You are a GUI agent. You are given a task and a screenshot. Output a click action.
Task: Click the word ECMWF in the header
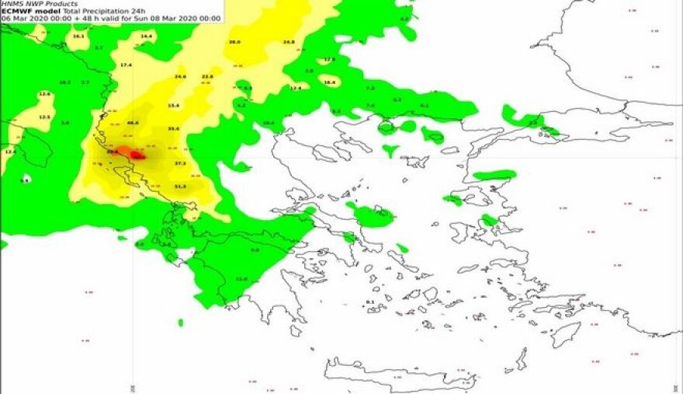[18, 11]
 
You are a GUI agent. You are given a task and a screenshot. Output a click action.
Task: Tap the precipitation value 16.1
[78, 37]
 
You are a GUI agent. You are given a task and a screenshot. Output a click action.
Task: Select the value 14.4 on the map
[146, 37]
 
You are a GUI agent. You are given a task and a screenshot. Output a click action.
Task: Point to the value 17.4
[126, 65]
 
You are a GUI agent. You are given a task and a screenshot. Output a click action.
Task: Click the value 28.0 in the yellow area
[234, 42]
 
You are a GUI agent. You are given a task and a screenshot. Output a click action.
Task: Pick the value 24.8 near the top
[289, 42]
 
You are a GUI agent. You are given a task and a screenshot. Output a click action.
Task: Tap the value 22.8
[207, 77]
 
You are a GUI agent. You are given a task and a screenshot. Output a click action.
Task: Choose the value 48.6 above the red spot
[133, 123]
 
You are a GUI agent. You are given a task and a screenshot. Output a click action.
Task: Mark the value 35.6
[173, 128]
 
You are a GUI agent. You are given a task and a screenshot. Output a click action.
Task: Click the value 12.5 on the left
[44, 117]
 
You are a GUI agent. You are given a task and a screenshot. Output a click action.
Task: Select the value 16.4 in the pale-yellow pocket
[329, 82]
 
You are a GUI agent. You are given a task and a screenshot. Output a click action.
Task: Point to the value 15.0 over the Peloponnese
[241, 279]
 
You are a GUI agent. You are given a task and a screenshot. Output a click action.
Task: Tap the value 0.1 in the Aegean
[369, 302]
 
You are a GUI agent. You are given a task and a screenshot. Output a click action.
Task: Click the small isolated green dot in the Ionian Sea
[181, 322]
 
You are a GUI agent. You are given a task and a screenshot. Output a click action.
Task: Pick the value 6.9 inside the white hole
[25, 180]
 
